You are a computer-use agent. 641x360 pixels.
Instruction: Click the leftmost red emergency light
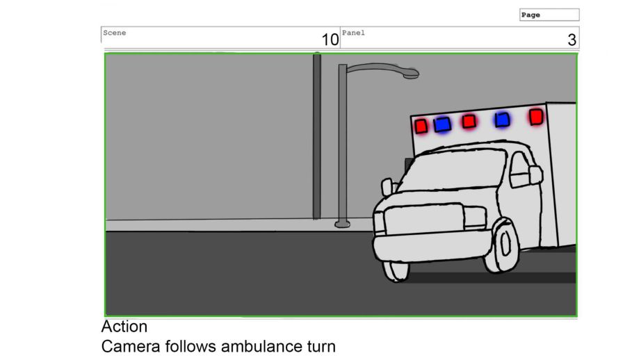421,126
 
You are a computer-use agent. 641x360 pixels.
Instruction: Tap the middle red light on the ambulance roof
469,122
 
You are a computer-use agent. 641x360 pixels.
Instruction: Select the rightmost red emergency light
535,117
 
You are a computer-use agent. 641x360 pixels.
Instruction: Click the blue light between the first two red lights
442,124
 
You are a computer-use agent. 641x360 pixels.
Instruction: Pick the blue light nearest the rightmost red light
502,120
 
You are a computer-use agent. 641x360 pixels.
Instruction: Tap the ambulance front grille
425,219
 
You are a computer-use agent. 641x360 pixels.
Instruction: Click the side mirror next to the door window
535,174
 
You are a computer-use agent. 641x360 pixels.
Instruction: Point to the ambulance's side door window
519,170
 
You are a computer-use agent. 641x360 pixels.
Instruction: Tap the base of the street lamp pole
342,224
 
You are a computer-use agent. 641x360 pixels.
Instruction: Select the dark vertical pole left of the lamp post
317,136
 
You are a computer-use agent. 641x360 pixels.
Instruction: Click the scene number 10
330,40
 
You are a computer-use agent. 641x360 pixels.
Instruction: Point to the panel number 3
572,40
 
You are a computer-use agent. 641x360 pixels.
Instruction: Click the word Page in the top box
530,15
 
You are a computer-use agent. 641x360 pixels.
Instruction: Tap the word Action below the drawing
124,327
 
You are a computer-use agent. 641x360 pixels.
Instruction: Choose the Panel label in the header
353,33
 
